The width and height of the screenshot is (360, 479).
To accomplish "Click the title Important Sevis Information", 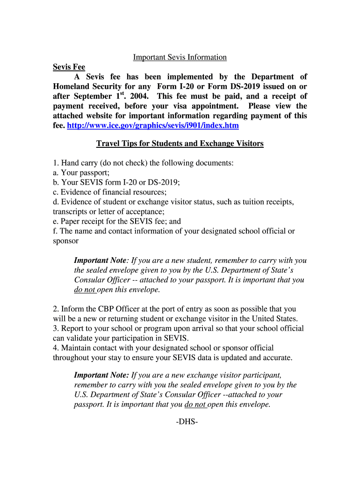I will [180, 57].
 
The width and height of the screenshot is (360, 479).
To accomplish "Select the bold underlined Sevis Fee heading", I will [69, 67].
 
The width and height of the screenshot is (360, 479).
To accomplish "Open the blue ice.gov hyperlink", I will [153, 125].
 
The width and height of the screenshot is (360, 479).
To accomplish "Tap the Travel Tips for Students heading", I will [180, 144].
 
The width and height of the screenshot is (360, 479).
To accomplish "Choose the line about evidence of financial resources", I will [110, 192].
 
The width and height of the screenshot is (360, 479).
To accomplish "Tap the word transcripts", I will [70, 211].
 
